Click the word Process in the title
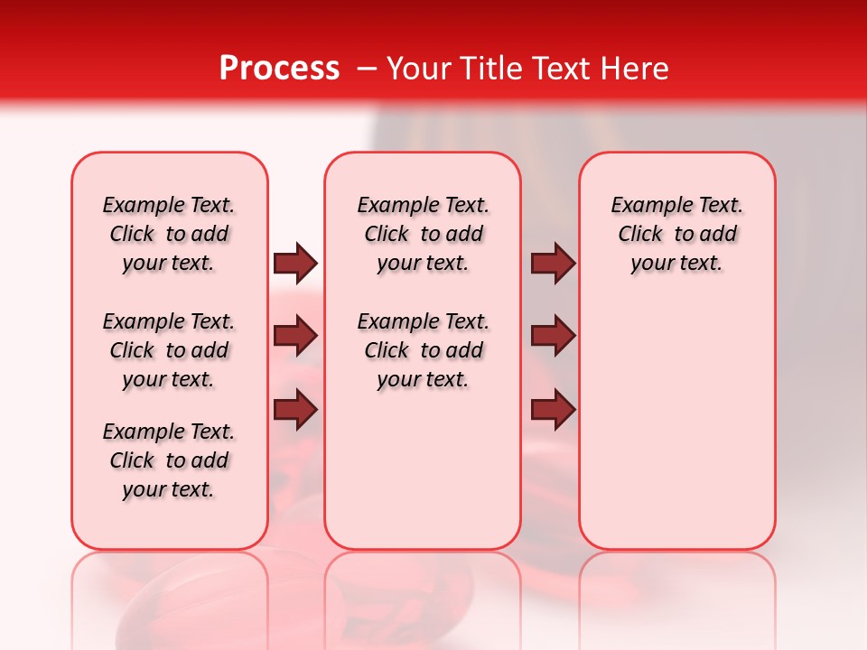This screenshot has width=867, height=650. [x=279, y=69]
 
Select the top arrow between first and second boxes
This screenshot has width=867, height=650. [x=295, y=263]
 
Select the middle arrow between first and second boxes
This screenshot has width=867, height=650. [x=295, y=336]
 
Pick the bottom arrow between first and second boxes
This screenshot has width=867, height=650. [x=295, y=410]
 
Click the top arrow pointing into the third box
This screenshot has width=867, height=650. [x=553, y=263]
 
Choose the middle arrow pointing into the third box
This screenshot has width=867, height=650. [x=553, y=336]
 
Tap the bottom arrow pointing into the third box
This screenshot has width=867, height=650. [x=553, y=410]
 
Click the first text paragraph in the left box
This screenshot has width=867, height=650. [x=169, y=234]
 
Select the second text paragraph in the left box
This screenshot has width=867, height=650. [x=169, y=350]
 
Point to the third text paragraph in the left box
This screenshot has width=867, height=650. [x=169, y=460]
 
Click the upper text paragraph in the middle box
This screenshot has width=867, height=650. [x=423, y=234]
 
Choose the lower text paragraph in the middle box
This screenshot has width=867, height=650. [x=423, y=350]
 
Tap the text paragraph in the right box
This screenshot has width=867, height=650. [x=676, y=234]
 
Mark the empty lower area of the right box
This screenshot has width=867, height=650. [x=676, y=433]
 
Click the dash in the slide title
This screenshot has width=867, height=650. [x=366, y=69]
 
